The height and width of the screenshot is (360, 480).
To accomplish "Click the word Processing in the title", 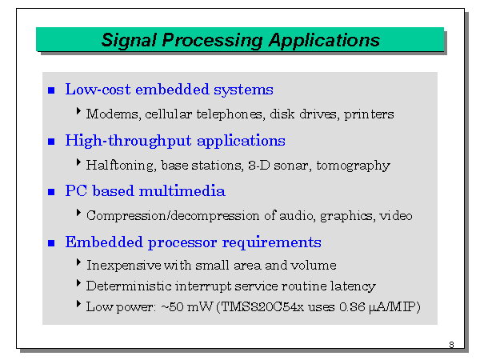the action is (212, 41).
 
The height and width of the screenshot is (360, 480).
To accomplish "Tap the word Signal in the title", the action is (129, 41).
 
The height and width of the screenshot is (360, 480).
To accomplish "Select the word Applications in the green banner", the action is (324, 41).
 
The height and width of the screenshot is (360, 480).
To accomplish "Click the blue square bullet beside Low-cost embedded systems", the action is (51, 90).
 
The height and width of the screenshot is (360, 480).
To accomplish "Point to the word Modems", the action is (114, 114).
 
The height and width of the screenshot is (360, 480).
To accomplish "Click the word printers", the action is (369, 114).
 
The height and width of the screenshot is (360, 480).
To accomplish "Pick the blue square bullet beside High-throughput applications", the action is (51, 142).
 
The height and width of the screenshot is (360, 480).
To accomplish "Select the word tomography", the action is (353, 166).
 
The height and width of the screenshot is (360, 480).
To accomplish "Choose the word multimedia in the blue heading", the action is (182, 190).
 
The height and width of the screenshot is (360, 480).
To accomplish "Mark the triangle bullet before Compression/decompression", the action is (78, 213).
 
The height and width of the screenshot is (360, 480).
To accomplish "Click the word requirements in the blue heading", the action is (272, 242).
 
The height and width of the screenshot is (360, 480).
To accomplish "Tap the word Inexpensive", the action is (124, 266).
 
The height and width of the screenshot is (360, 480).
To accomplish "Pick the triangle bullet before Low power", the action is (78, 304).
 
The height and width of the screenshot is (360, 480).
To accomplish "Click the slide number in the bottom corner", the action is (451, 345).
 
